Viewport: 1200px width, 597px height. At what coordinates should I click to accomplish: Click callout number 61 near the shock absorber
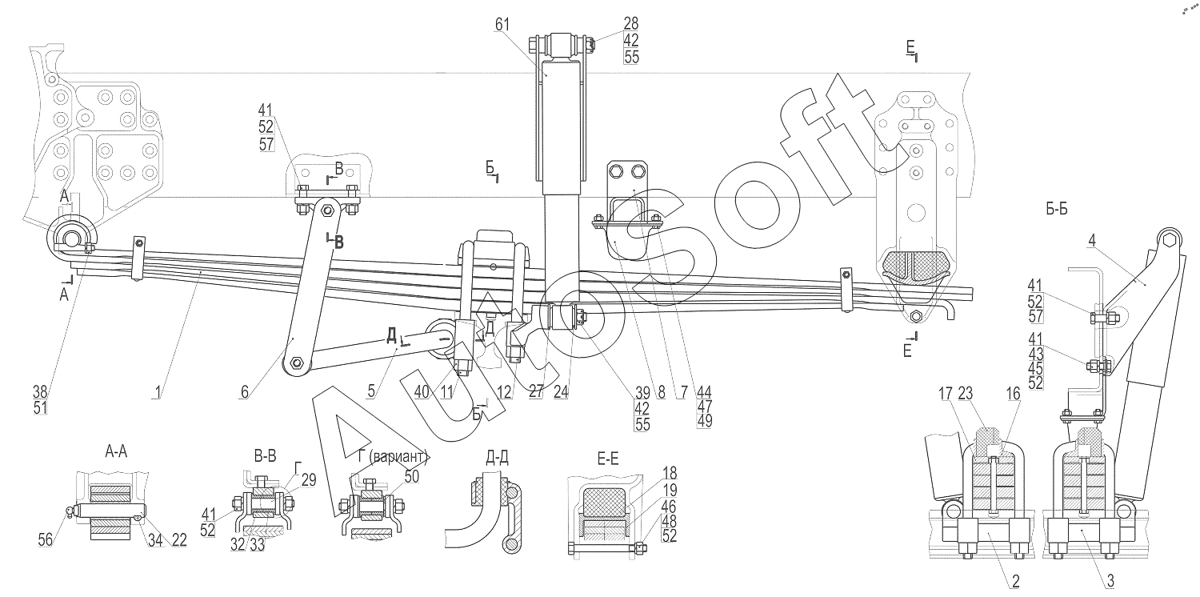pos(502,25)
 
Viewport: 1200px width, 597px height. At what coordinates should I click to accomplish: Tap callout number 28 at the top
pos(631,23)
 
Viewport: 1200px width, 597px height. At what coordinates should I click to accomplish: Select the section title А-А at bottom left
pos(116,452)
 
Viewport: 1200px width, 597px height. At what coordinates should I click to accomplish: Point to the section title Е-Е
pos(607,459)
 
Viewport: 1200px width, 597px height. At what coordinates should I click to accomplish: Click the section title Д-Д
pos(497,458)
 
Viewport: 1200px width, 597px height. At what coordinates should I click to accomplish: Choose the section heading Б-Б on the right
pos(1057,210)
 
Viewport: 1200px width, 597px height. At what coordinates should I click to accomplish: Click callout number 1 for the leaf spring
pos(158,392)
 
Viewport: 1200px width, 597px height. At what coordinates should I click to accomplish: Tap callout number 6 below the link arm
pos(244,392)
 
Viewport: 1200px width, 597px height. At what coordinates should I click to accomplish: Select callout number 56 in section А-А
pos(46,539)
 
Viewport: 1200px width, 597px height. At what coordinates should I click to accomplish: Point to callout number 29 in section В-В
pos(309,480)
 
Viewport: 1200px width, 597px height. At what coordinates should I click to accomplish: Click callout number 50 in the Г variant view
pos(411,476)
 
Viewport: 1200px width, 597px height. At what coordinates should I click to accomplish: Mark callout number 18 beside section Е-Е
pos(669,473)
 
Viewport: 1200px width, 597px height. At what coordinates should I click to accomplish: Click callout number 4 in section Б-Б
pos(1092,241)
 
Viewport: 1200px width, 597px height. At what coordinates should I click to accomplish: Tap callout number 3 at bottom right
pos(1110,581)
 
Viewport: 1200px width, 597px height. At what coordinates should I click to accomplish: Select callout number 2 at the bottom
pos(1015,581)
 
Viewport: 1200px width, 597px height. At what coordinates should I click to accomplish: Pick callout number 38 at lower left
pos(40,392)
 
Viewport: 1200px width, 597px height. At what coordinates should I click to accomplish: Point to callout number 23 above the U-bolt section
pos(966,394)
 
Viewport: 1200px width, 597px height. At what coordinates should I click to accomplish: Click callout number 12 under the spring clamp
pos(504,392)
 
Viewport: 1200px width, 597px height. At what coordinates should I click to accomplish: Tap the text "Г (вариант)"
pos(394,458)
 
